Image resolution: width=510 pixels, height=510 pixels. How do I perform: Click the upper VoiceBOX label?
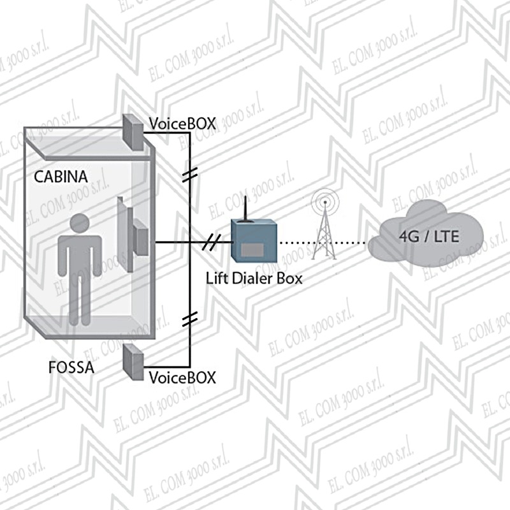(182, 124)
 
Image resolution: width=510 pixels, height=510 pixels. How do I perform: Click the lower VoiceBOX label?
(182, 377)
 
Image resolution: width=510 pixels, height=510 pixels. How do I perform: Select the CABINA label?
(61, 175)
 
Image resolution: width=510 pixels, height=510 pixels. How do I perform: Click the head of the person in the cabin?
(79, 224)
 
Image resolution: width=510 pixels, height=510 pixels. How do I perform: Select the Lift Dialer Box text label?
(254, 279)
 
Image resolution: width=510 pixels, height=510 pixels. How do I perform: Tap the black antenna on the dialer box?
(247, 210)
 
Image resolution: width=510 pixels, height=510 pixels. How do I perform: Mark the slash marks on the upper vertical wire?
(189, 176)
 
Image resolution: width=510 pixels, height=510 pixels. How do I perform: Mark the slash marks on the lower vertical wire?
(189, 321)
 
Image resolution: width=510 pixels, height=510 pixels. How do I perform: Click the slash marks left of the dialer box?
(213, 242)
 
